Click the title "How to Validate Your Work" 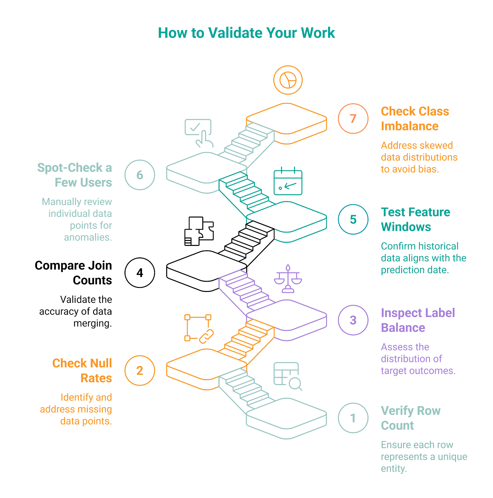[246, 33]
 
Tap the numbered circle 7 [353, 119]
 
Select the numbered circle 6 [140, 175]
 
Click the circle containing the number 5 [353, 219]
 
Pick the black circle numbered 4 [140, 273]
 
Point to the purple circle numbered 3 [353, 320]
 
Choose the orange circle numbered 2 [140, 370]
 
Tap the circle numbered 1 [353, 418]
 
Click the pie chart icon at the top [288, 80]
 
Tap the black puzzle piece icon [199, 231]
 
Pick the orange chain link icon [199, 329]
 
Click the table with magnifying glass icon [287, 376]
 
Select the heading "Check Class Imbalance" [415, 119]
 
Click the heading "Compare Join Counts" [73, 273]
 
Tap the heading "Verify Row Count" [411, 418]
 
